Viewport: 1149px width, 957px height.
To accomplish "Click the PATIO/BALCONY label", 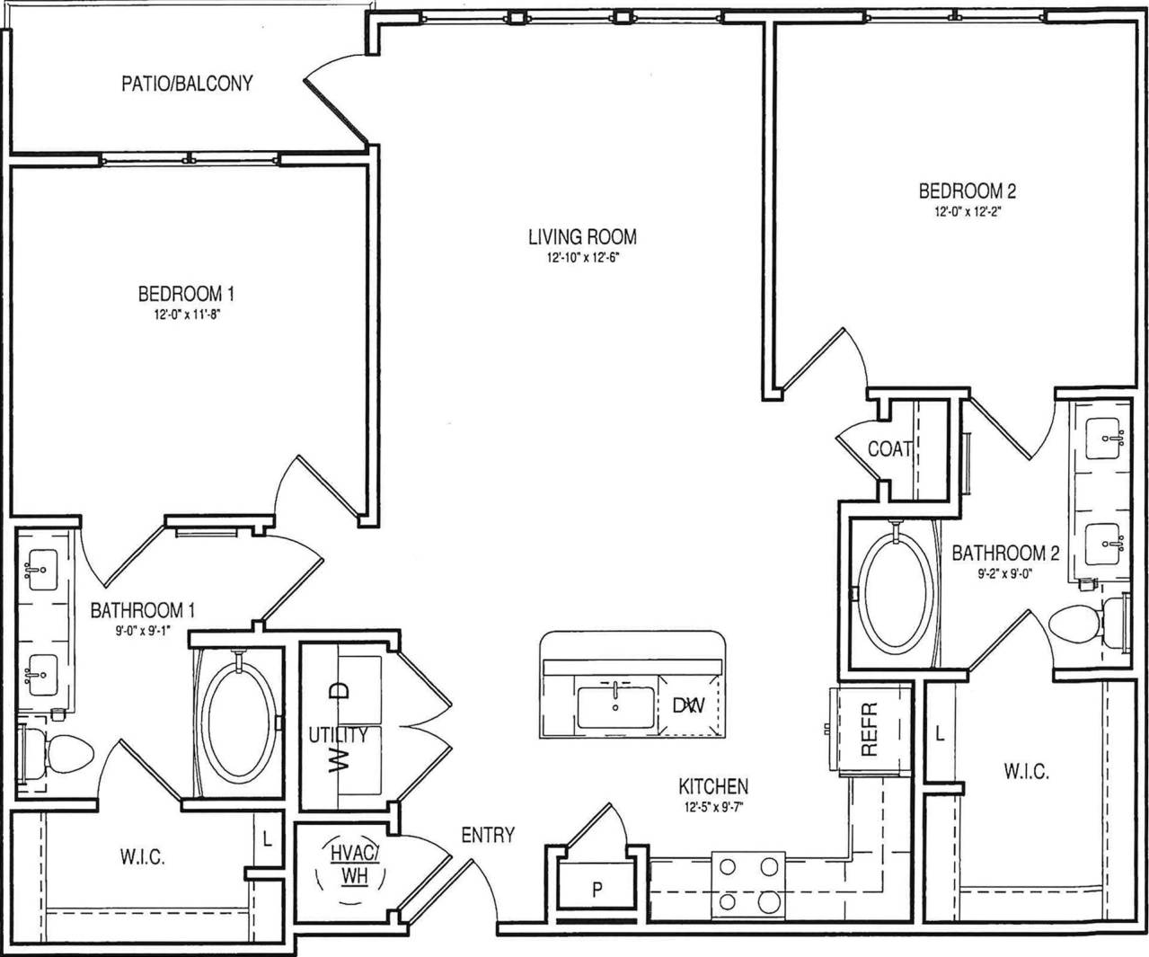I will coord(187,84).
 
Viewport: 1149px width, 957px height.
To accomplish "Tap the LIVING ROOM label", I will coord(582,237).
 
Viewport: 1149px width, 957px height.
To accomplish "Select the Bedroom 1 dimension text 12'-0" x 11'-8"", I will coord(186,315).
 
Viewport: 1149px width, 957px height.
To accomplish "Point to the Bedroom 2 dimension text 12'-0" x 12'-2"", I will coord(967,213).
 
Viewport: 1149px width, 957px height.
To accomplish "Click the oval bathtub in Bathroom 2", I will coord(896,594).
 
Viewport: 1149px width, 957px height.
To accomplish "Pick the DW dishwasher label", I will coord(688,705).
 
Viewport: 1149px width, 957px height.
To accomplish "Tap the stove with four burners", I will coord(747,884).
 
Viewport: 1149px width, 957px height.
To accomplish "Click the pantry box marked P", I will coord(597,890).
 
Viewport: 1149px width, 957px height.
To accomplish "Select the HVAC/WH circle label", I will coord(354,864).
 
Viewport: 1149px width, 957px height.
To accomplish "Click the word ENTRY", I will coord(488,835).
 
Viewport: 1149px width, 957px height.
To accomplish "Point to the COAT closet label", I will coord(889,448).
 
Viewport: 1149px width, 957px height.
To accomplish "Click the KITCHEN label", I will coord(713,787).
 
